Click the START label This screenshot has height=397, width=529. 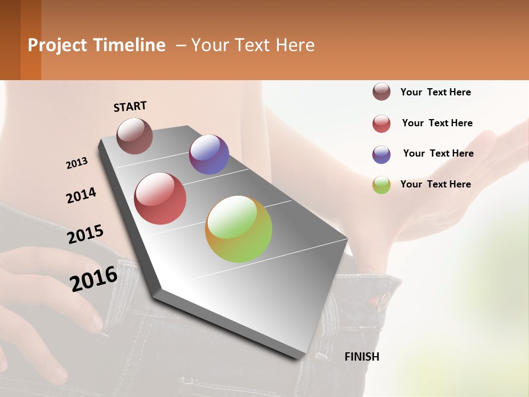(130, 106)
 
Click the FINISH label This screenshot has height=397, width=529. (361, 357)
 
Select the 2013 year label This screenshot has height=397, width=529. (77, 163)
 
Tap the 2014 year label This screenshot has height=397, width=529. (81, 195)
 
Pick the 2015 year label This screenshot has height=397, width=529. (85, 234)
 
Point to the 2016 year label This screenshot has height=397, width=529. (93, 278)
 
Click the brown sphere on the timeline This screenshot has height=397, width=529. (134, 136)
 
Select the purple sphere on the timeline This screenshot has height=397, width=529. (209, 154)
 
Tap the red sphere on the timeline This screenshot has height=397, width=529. (160, 198)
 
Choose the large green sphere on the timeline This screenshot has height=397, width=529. (239, 229)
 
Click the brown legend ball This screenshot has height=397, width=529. (381, 92)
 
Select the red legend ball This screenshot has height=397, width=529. (381, 124)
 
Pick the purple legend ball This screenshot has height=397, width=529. (381, 154)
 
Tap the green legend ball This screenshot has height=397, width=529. (381, 185)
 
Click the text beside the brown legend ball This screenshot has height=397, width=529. (435, 92)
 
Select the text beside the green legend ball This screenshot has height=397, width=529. (435, 184)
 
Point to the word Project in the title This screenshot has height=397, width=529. (58, 45)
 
